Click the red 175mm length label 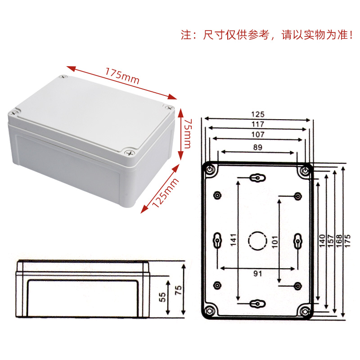(122, 76)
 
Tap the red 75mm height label (188, 134)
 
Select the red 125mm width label (165, 193)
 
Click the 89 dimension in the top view (257, 147)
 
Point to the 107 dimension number (257, 134)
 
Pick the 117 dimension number (257, 124)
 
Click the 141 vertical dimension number (233, 240)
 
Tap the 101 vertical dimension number (275, 242)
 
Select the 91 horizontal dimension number (257, 274)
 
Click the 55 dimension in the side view (162, 297)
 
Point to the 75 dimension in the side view (178, 290)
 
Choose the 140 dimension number (322, 241)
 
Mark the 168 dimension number (339, 241)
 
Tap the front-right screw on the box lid (129, 153)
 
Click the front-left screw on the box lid (14, 113)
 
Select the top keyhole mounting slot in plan (257, 178)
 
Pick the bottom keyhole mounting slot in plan (257, 304)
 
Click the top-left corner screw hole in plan (210, 170)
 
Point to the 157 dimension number (330, 241)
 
